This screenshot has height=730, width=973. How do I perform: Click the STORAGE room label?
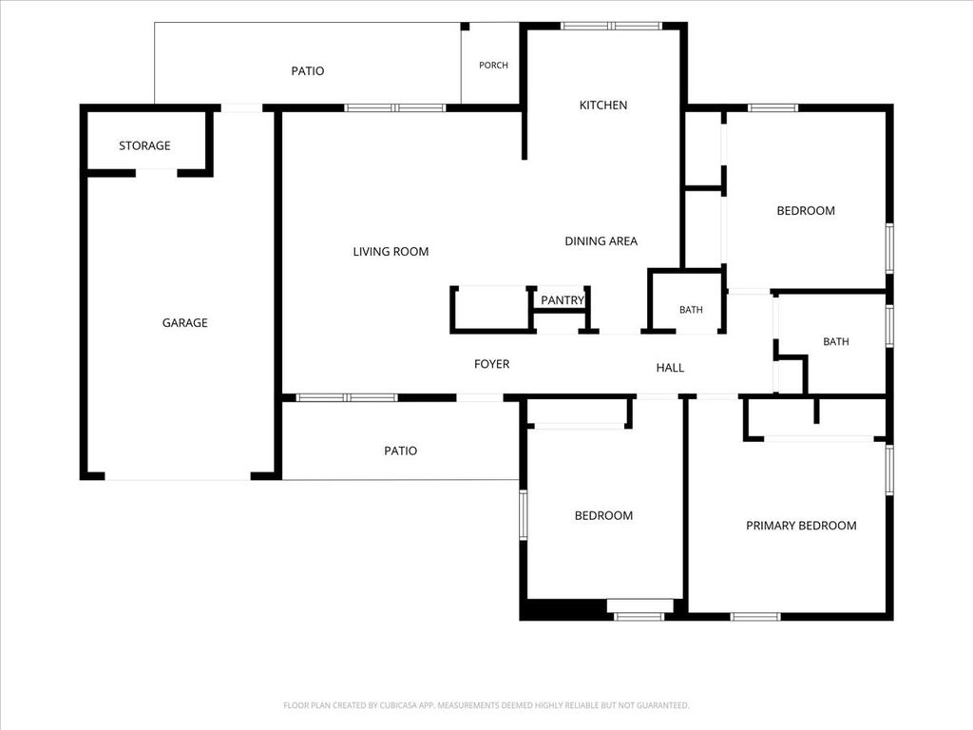click(x=144, y=145)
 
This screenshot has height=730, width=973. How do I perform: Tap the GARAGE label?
click(x=185, y=323)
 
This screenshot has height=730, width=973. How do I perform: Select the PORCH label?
click(x=493, y=66)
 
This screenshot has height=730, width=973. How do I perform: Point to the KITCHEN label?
click(x=603, y=106)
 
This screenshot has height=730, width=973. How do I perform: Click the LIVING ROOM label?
click(x=391, y=252)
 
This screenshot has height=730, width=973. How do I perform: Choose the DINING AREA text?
click(x=601, y=241)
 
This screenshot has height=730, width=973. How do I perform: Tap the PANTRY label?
click(x=563, y=300)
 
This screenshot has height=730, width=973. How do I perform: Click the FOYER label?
click(x=491, y=364)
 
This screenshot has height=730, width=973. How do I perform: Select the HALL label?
click(x=670, y=368)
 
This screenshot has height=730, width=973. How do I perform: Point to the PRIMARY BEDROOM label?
click(x=801, y=526)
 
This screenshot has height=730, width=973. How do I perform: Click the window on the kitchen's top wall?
click(x=612, y=26)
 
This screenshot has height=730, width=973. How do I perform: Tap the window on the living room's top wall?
click(x=395, y=108)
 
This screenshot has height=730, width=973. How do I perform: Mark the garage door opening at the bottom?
click(x=178, y=477)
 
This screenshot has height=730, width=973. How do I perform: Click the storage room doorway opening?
click(x=157, y=173)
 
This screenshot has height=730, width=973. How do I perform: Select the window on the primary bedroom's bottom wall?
click(x=755, y=616)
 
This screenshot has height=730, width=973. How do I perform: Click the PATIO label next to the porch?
click(x=308, y=71)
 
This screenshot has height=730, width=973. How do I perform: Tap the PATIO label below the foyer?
click(x=400, y=451)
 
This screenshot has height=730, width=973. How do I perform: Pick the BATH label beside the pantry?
click(x=691, y=310)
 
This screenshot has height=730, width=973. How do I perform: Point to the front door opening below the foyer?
click(x=480, y=398)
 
